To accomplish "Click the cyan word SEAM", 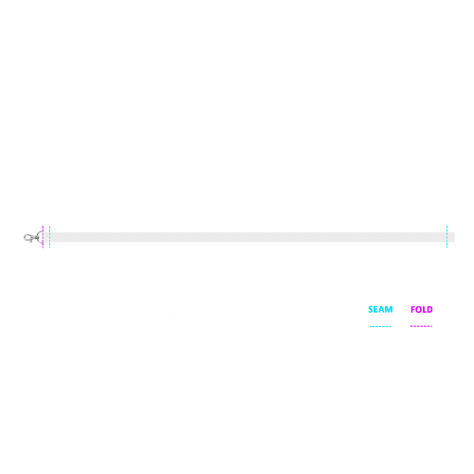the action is point(380,309).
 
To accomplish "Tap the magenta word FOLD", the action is point(422,309).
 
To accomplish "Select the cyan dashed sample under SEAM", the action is point(380,326).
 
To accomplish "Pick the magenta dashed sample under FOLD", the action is point(421,326).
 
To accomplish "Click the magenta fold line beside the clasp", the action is point(43,237).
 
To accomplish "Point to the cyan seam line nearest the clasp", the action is point(50,237).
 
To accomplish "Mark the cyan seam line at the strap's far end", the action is point(447,237).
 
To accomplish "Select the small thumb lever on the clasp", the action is point(30,241).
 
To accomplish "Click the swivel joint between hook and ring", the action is point(35,237).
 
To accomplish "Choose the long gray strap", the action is point(248,237).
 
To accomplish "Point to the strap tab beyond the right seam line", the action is point(451,237).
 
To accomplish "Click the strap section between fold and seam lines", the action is point(46,237).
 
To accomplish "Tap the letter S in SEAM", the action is point(371,309).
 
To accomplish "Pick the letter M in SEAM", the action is point(389,309).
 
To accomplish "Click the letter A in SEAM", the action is point(382,309).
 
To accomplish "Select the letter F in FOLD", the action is point(413,309).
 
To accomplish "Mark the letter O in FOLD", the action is point(419,309).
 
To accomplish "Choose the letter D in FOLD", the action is point(429,309).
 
